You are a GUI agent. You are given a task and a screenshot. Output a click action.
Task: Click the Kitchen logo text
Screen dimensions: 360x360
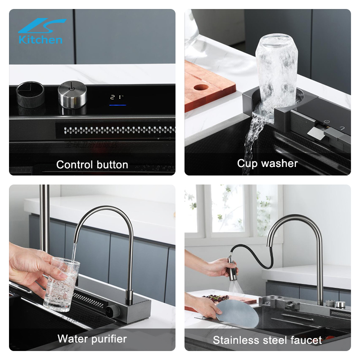pyautogui.click(x=40, y=40)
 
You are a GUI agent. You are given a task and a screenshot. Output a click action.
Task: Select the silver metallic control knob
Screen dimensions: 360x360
pyautogui.click(x=72, y=94)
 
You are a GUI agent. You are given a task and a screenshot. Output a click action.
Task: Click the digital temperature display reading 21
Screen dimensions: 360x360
pyautogui.click(x=117, y=97)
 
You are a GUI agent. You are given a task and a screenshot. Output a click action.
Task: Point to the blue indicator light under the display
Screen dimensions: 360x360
pyautogui.click(x=118, y=106)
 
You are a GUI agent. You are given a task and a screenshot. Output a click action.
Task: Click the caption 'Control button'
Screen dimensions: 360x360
pyautogui.click(x=92, y=165)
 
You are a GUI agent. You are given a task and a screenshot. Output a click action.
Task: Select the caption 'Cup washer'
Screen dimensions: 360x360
pyautogui.click(x=267, y=163)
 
